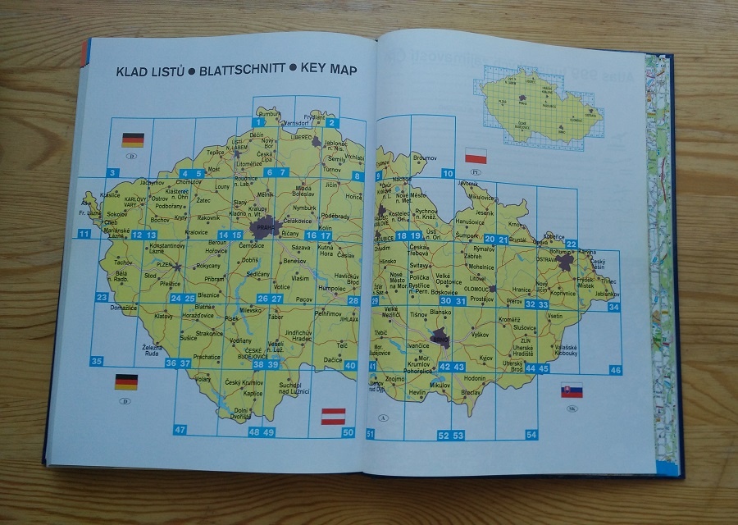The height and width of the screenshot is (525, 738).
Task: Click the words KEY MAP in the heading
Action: coord(329,71)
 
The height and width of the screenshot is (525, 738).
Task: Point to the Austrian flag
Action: coord(333,414)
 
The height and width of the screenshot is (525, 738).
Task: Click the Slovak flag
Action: coord(572,390)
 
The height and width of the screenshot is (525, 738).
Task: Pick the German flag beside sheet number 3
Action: coord(132,139)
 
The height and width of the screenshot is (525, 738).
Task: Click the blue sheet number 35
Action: coord(97,361)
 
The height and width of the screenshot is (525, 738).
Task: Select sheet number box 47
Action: coord(180,429)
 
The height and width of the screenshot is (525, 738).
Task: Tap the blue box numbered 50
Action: coord(348,432)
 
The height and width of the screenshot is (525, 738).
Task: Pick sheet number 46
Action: coord(616,371)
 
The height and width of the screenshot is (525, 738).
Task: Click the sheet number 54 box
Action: coord(531,435)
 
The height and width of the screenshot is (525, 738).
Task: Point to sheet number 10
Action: coord(447,174)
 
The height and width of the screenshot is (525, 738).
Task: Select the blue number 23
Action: coord(102,297)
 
